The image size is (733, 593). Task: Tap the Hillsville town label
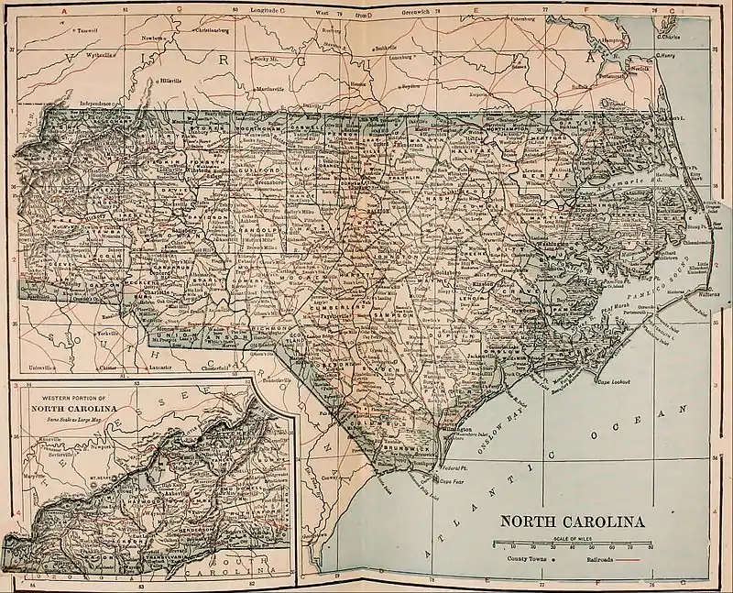pyautogui.click(x=171, y=80)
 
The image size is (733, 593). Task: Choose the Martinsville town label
pyautogui.click(x=266, y=88)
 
